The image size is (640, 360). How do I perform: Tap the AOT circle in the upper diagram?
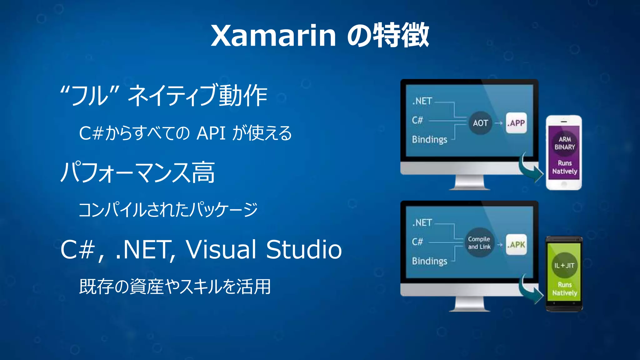click(x=480, y=123)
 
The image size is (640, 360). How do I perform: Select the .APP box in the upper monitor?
click(x=516, y=123)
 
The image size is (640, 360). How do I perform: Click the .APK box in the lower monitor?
click(x=516, y=245)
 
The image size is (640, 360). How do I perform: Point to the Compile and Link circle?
click(x=479, y=243)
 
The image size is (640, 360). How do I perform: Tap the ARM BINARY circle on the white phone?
click(x=565, y=143)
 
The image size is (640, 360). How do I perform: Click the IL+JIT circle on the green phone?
click(x=564, y=265)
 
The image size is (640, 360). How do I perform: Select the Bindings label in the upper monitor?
click(x=429, y=139)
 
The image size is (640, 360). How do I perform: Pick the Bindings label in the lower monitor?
click(x=429, y=261)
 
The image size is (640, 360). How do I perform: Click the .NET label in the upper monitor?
click(x=422, y=101)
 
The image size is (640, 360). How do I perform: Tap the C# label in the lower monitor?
click(x=417, y=242)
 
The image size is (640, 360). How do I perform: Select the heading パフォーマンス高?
click(x=137, y=172)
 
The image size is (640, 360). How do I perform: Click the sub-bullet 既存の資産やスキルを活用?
click(x=175, y=286)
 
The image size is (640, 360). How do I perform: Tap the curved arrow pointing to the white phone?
click(x=531, y=169)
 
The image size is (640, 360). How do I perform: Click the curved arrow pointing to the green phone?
click(x=531, y=291)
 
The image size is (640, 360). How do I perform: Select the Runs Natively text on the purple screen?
click(x=565, y=167)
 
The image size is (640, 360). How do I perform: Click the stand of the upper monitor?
click(x=469, y=183)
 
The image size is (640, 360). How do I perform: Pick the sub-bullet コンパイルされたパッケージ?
click(x=168, y=209)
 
